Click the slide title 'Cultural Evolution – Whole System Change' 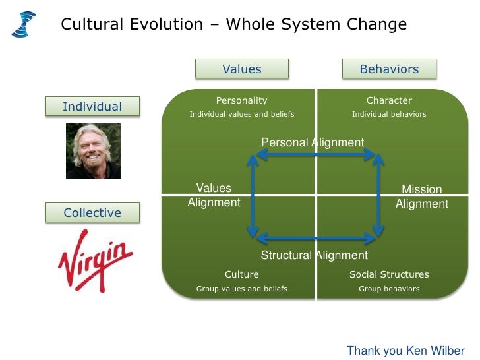[x=233, y=25]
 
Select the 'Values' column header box [x=241, y=69]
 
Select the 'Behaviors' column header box [x=389, y=69]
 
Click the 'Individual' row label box [x=92, y=107]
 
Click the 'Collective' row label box [x=92, y=213]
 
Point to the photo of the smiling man [x=93, y=151]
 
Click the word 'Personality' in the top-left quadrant [x=241, y=100]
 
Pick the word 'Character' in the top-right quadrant [x=389, y=100]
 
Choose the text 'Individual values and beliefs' [x=241, y=114]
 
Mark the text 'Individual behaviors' [x=389, y=114]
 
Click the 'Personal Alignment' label [x=313, y=142]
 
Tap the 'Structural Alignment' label [x=314, y=255]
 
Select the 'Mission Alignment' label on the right [x=421, y=196]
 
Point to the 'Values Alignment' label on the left [x=214, y=196]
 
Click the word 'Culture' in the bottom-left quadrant [x=241, y=274]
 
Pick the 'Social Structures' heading [x=389, y=274]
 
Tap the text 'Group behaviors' [x=389, y=289]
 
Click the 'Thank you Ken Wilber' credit [x=405, y=351]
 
